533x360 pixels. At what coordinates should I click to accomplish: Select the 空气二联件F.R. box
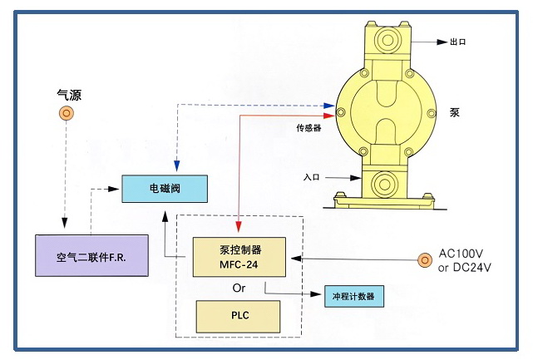tap(91, 254)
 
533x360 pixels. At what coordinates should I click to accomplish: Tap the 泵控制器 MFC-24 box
tap(239, 256)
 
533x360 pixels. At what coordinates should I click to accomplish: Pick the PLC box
tap(239, 315)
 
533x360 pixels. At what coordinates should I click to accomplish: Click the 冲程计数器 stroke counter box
tap(354, 295)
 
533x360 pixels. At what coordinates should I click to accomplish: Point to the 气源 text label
tap(62, 96)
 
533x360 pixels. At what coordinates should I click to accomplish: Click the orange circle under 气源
tap(63, 114)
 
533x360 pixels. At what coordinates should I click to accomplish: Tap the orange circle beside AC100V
tap(425, 260)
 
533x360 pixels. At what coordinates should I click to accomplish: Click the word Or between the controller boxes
tap(238, 288)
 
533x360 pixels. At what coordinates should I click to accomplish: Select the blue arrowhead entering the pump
tap(330, 106)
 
